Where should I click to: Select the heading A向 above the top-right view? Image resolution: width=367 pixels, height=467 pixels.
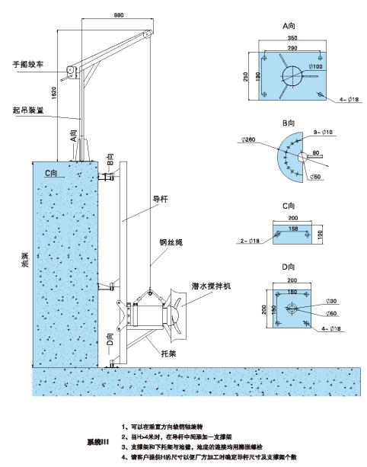tap(288, 25)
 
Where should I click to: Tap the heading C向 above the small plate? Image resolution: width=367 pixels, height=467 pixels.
tap(288, 206)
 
